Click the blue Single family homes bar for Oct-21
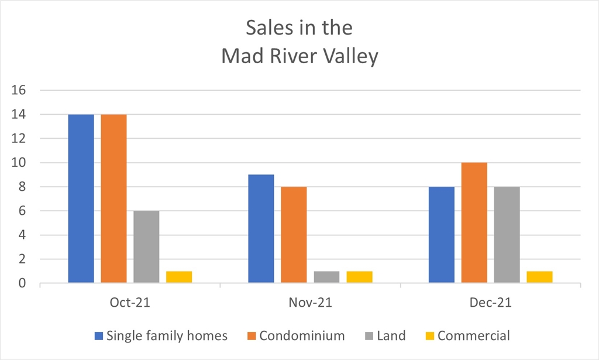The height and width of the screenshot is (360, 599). coord(81,199)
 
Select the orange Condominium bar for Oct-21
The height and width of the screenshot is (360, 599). coord(113,199)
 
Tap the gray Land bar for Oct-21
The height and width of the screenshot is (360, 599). coord(146,247)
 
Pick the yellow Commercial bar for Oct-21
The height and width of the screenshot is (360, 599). coord(179,277)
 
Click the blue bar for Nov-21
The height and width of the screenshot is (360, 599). coord(261,229)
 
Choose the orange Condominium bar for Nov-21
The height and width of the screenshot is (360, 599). coord(294,235)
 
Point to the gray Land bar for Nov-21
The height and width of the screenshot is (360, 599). coord(326,277)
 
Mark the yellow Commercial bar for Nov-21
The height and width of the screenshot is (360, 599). coord(359,277)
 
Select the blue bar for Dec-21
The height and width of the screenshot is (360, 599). coord(442,235)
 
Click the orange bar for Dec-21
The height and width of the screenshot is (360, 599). coord(474,223)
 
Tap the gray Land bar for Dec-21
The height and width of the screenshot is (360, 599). coord(507,235)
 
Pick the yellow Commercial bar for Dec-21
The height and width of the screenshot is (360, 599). coord(539,277)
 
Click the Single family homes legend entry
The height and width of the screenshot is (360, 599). coord(161,336)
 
